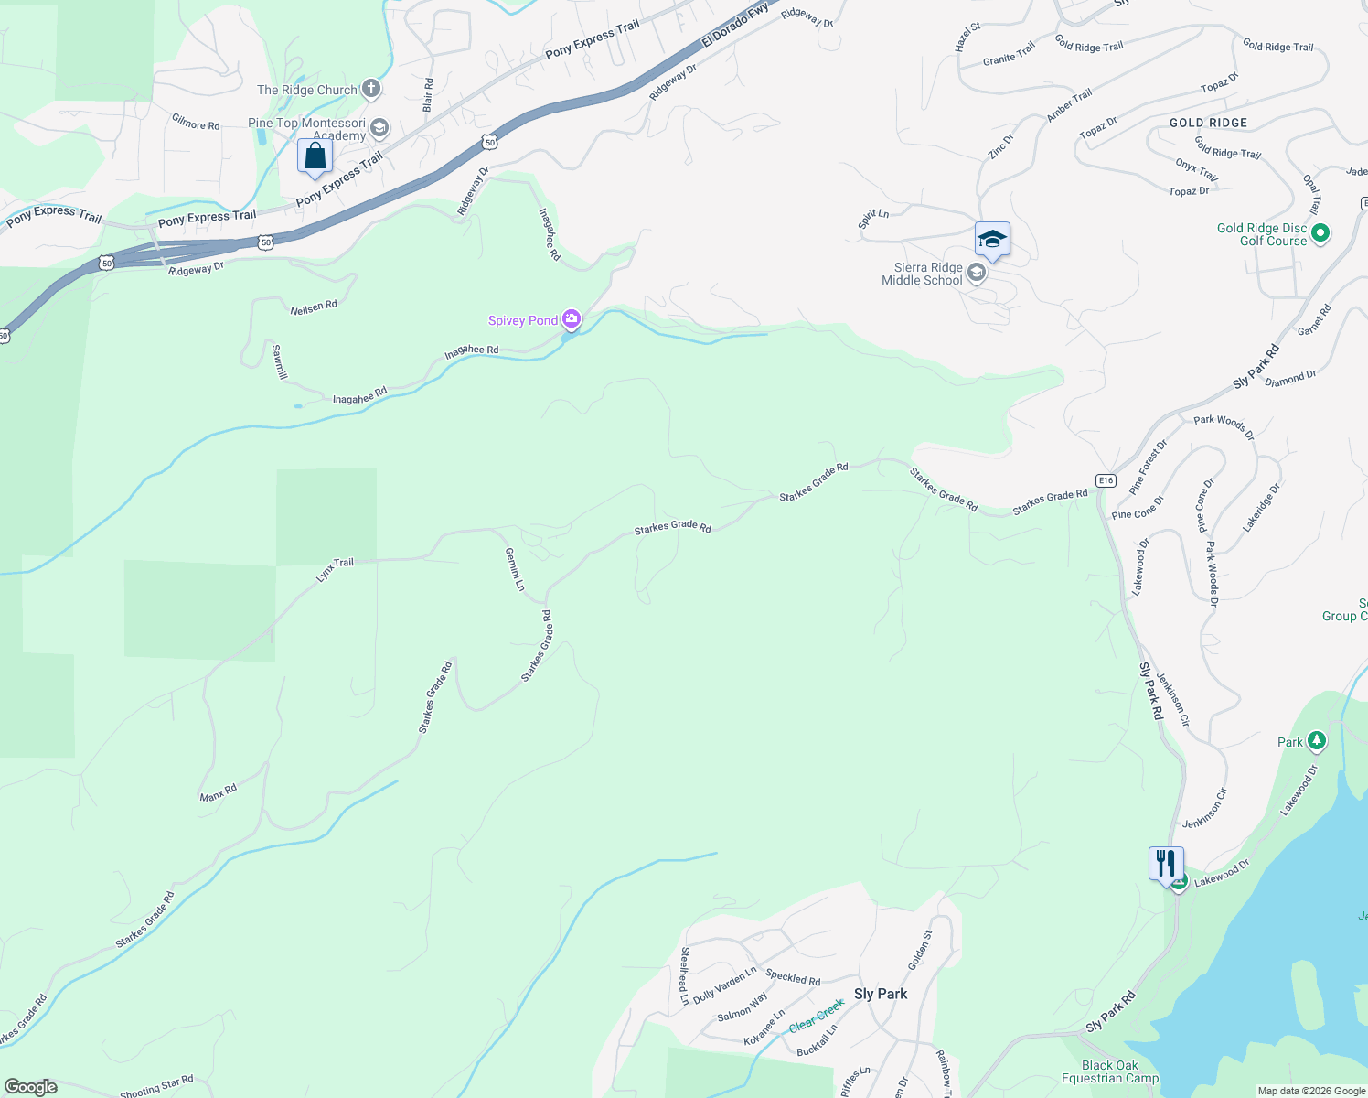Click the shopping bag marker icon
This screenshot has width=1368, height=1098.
point(315,156)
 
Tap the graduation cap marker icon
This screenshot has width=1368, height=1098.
point(992,240)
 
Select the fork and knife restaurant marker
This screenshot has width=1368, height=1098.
point(1165,863)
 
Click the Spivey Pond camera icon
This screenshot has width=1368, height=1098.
point(572,319)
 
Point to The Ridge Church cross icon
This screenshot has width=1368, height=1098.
point(370,89)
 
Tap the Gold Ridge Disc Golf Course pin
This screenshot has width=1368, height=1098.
point(1320,233)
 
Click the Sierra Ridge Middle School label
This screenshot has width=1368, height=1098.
point(922,274)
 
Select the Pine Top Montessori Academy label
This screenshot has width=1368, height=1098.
point(307,129)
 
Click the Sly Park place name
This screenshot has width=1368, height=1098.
point(881,994)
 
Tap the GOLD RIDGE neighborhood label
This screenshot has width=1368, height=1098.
point(1208,123)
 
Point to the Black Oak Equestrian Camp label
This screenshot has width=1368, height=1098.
point(1110,1071)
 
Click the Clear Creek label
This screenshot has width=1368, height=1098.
point(817,1016)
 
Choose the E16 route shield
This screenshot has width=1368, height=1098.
point(1106,480)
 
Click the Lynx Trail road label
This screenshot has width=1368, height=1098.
point(335,569)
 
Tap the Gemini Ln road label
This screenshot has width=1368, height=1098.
point(515,569)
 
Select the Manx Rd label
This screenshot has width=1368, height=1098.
point(219,792)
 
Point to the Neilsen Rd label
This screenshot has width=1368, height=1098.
point(314,307)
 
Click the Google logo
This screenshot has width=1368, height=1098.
point(30,1087)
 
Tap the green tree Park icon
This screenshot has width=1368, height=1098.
point(1316,740)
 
